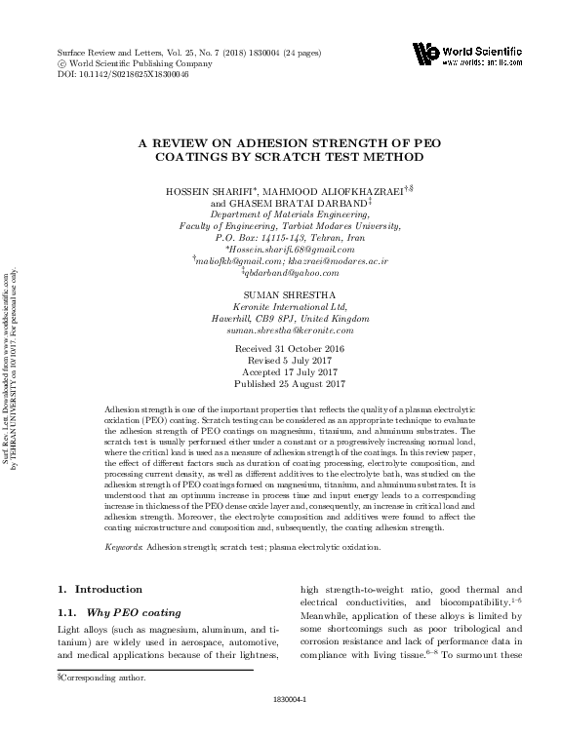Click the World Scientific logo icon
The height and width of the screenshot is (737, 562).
point(424,53)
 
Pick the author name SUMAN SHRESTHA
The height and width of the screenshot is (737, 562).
point(279,295)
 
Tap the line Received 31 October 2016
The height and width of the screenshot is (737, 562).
point(279,349)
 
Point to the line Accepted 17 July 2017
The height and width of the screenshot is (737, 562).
point(279,372)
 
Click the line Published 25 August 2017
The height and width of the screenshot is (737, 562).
point(279,385)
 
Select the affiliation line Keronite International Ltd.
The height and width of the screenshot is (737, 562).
point(279,307)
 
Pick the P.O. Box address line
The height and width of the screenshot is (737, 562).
point(279,237)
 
